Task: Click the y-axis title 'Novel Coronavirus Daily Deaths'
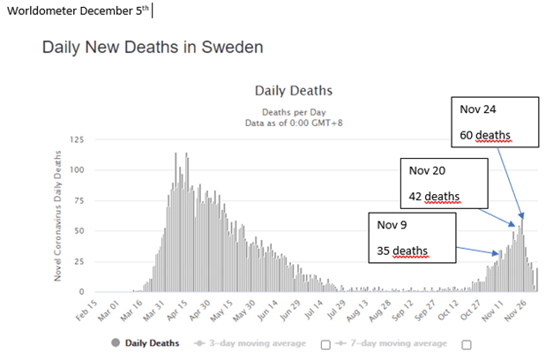pos(60,216)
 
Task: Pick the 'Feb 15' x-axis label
pos(86,311)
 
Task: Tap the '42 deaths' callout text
pos(434,196)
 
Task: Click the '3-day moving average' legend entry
pos(257,342)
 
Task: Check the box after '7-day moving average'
pos(466,343)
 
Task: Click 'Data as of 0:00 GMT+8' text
pos(293,123)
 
